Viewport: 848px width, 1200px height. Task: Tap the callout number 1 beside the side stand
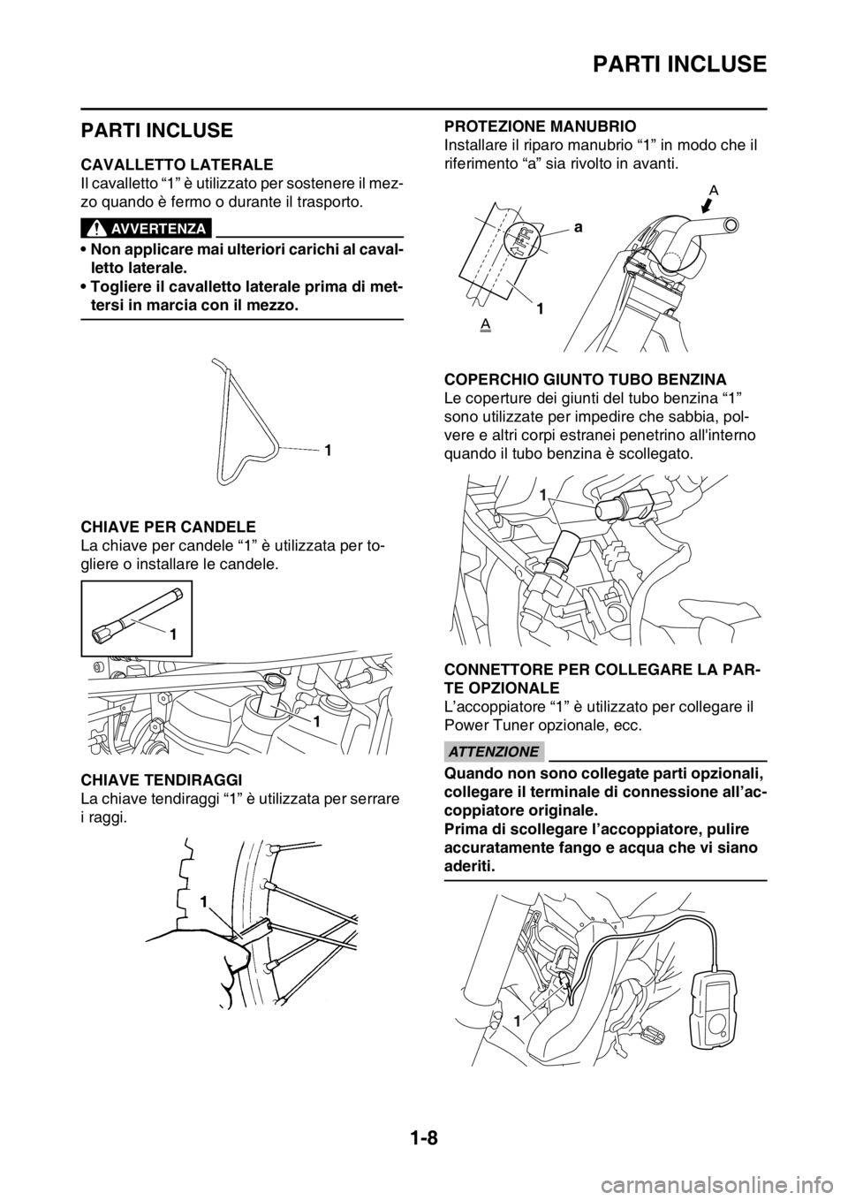pos(326,451)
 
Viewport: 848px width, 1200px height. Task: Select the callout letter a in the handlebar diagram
pos(577,227)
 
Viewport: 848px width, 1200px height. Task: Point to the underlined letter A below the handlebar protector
pos(484,326)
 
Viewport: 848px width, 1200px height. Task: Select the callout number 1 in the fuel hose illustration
pos(543,496)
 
